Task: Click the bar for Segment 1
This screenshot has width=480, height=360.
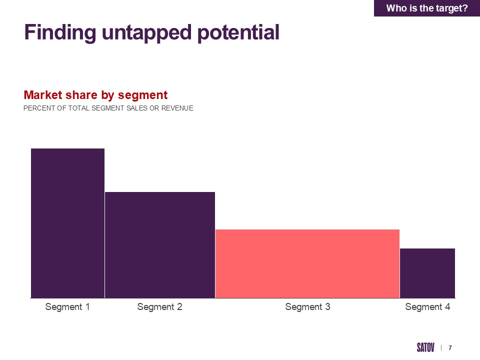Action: click(x=67, y=223)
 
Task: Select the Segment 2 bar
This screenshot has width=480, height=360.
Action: click(x=160, y=245)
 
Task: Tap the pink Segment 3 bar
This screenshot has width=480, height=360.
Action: click(x=307, y=263)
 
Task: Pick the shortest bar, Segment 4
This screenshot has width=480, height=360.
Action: click(x=427, y=273)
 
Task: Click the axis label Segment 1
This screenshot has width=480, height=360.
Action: click(x=67, y=306)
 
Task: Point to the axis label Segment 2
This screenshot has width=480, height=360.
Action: click(x=159, y=306)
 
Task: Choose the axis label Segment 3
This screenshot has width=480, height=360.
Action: click(x=307, y=306)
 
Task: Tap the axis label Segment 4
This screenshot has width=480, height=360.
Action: click(x=427, y=306)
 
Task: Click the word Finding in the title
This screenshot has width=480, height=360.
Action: click(x=60, y=32)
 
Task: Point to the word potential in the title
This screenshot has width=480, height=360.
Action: click(x=238, y=32)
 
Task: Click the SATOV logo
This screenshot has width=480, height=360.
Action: click(x=425, y=347)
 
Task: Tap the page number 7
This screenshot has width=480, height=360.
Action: click(x=450, y=348)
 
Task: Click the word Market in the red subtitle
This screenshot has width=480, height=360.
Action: click(x=43, y=95)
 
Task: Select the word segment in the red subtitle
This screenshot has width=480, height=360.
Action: click(x=142, y=95)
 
